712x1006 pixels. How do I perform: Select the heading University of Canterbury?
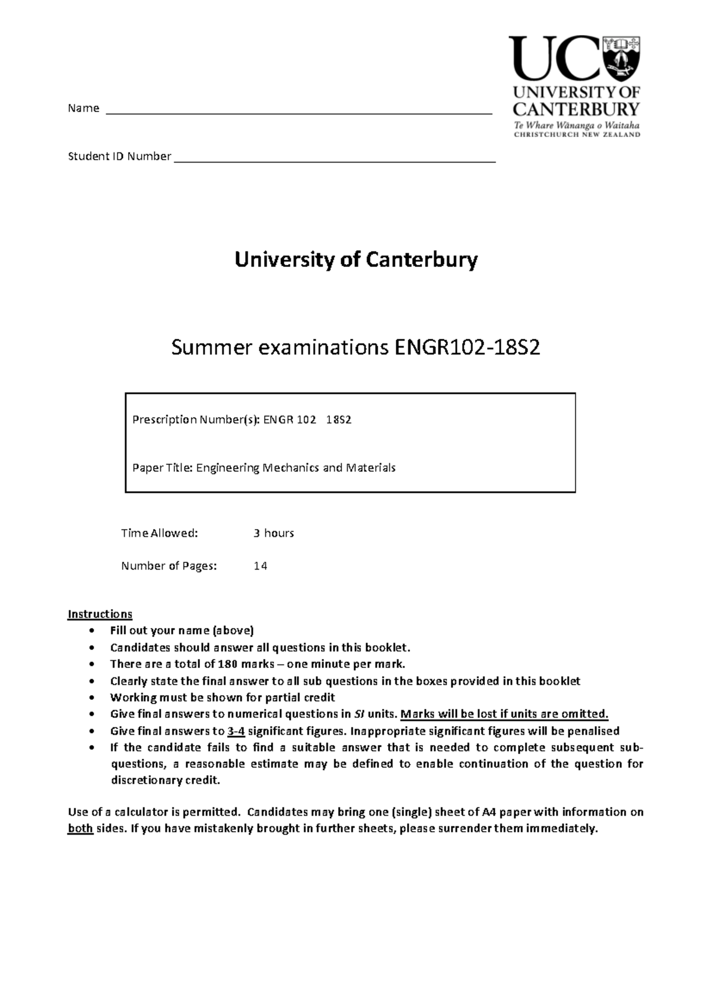pos(356,260)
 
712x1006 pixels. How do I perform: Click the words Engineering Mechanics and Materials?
pos(295,467)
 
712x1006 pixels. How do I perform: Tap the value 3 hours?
pos(274,533)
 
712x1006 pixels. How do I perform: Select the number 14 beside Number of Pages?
pos(260,566)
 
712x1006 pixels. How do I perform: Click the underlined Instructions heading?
pos(100,614)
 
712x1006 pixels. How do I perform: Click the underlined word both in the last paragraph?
pos(80,829)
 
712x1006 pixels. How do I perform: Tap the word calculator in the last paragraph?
pos(141,812)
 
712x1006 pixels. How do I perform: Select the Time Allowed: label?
pos(159,533)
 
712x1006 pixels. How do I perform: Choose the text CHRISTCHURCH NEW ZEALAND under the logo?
pos(577,135)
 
